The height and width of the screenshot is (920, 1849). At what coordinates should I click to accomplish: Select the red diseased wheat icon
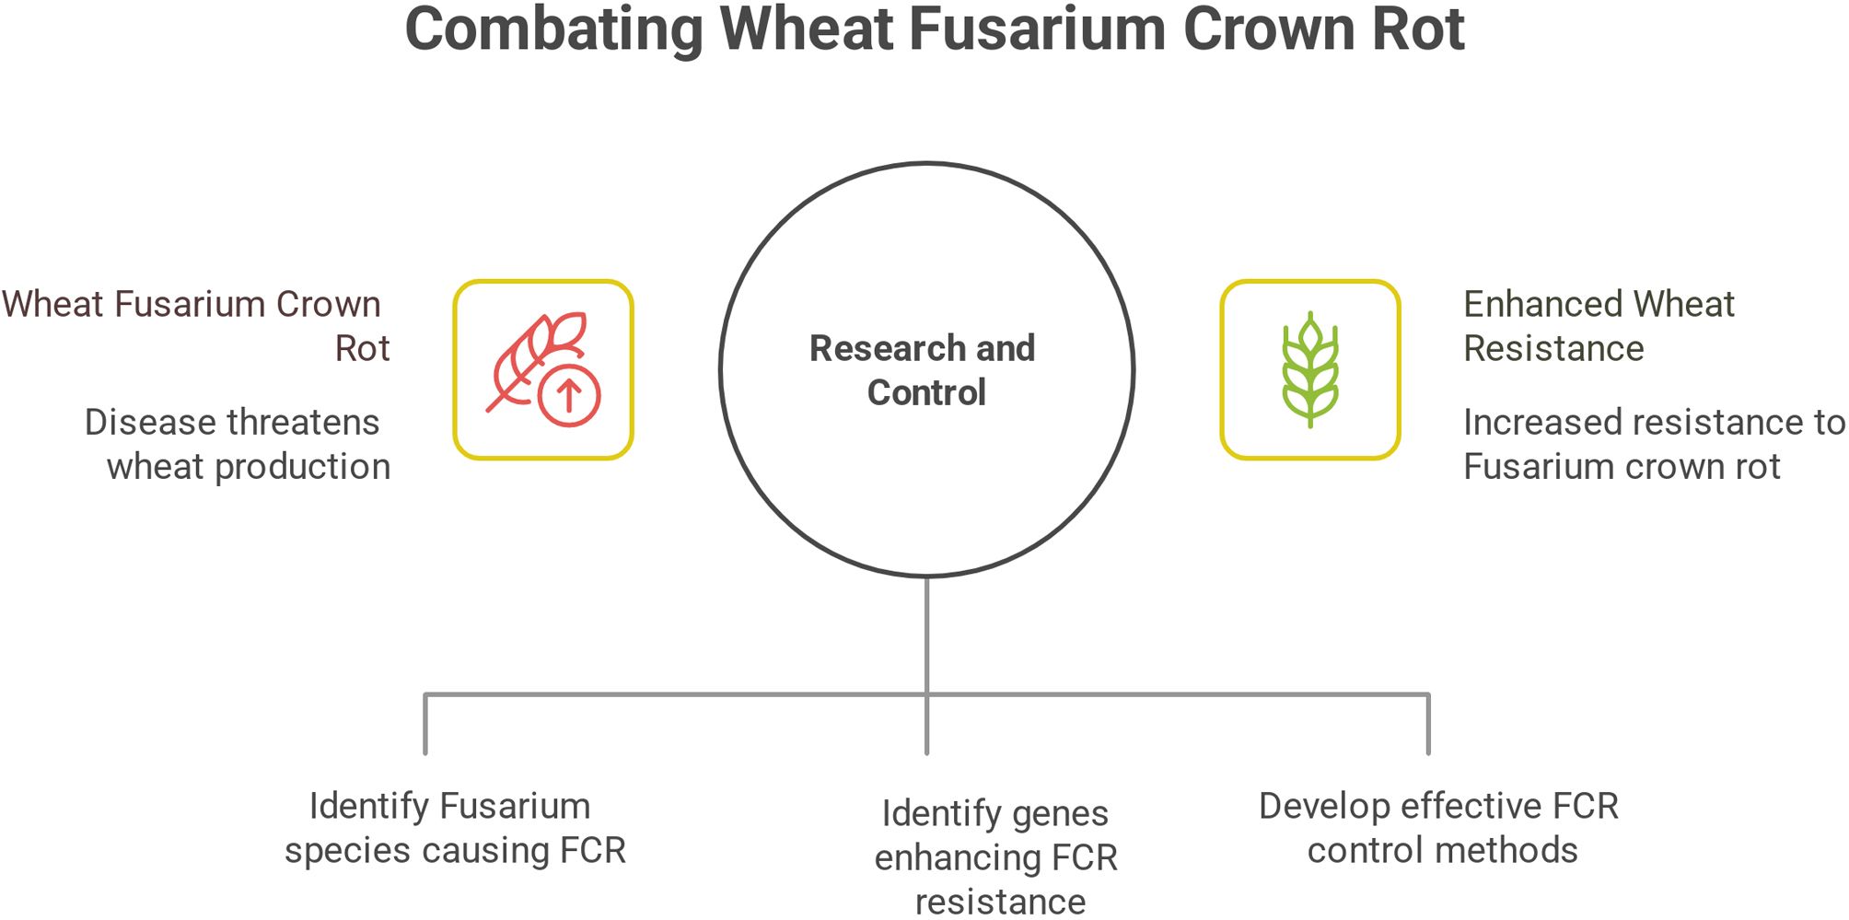[x=543, y=369]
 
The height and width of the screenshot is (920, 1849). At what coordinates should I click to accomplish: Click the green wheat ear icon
[x=1309, y=369]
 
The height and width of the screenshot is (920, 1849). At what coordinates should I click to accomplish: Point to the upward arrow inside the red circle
[x=569, y=397]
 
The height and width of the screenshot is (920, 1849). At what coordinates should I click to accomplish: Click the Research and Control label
[x=924, y=370]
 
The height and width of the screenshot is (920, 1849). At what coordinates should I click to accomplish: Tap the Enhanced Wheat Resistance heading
[x=1599, y=326]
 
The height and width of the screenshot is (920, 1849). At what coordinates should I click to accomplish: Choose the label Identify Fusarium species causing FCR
[x=454, y=827]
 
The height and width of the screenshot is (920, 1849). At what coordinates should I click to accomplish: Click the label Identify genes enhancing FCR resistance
[x=996, y=856]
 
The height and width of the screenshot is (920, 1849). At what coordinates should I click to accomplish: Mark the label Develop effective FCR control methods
[x=1438, y=827]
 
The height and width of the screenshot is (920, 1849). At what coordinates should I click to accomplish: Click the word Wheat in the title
[x=807, y=29]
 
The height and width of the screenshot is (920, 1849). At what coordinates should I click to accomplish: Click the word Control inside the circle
[x=926, y=393]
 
